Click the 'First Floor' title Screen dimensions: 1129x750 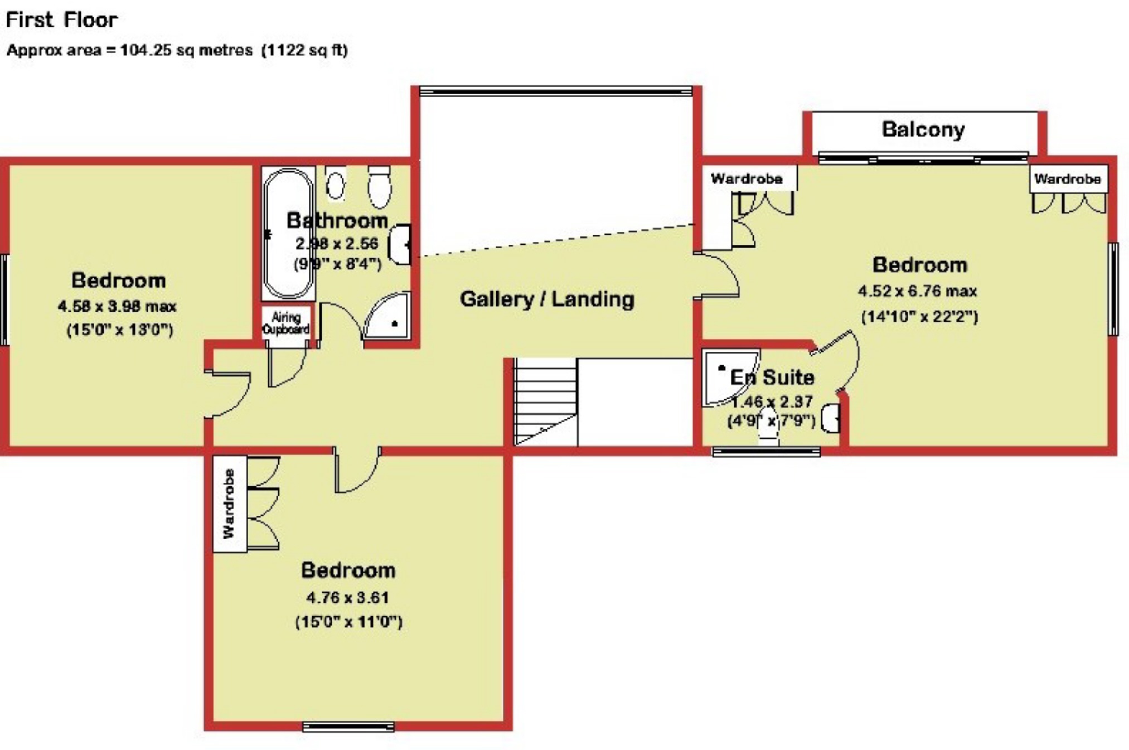click(x=61, y=20)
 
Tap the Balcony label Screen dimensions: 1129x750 click(x=923, y=129)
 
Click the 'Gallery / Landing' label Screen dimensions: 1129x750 click(x=547, y=299)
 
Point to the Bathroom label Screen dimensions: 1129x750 click(x=337, y=220)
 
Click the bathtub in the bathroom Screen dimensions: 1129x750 click(x=288, y=233)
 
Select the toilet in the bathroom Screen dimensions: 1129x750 click(x=379, y=186)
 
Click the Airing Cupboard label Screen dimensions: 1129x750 click(x=286, y=323)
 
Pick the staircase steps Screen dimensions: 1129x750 click(x=545, y=401)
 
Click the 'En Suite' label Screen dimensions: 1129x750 click(x=772, y=378)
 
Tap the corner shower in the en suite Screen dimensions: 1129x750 click(x=728, y=377)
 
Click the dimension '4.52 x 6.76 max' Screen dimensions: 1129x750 click(x=917, y=291)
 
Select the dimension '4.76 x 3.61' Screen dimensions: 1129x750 click(x=347, y=598)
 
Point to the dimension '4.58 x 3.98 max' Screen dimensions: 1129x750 click(x=117, y=306)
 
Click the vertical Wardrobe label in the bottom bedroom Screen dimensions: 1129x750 click(x=229, y=504)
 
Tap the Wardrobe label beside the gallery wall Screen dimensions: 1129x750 click(x=747, y=179)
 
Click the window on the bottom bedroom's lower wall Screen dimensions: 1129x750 click(x=348, y=727)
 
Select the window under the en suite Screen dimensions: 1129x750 click(x=767, y=452)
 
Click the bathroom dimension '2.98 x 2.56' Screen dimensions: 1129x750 click(x=337, y=244)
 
